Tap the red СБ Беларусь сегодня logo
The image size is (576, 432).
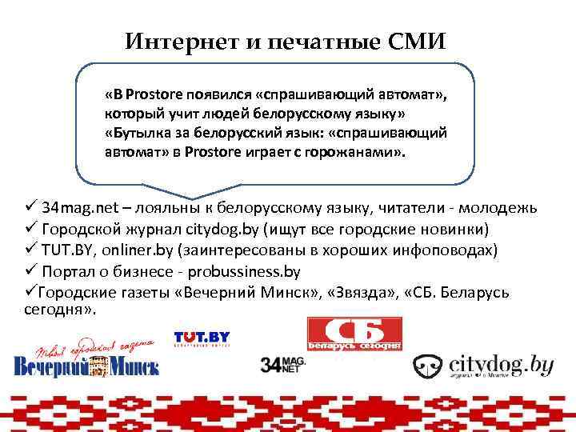pos(354,334)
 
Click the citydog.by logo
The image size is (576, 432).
pos(483,366)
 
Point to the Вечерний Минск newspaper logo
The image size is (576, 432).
pos(86,358)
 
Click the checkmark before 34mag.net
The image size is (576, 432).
pos(31,208)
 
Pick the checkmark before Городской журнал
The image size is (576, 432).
pos(31,229)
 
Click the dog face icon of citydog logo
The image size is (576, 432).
pos(427,366)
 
